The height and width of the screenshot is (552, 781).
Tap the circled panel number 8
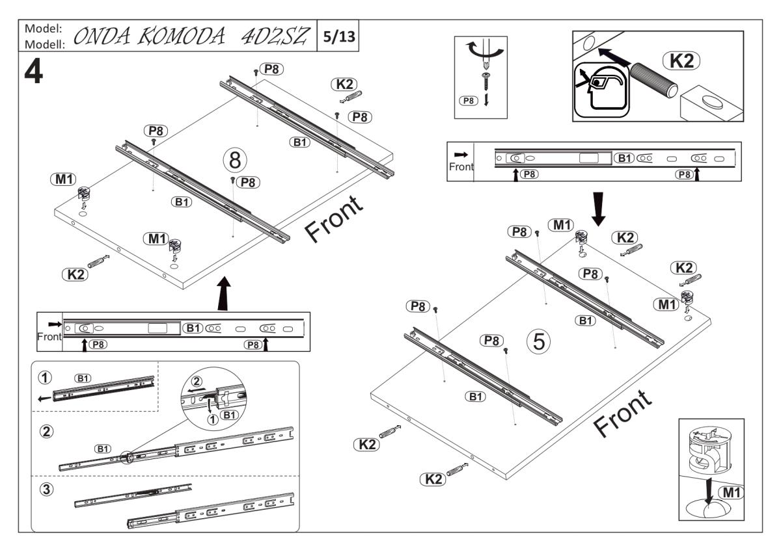point(234,159)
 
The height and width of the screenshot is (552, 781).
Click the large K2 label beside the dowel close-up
point(680,60)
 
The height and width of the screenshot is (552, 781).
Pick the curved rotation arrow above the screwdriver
point(484,49)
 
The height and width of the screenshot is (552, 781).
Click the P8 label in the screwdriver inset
point(468,101)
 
